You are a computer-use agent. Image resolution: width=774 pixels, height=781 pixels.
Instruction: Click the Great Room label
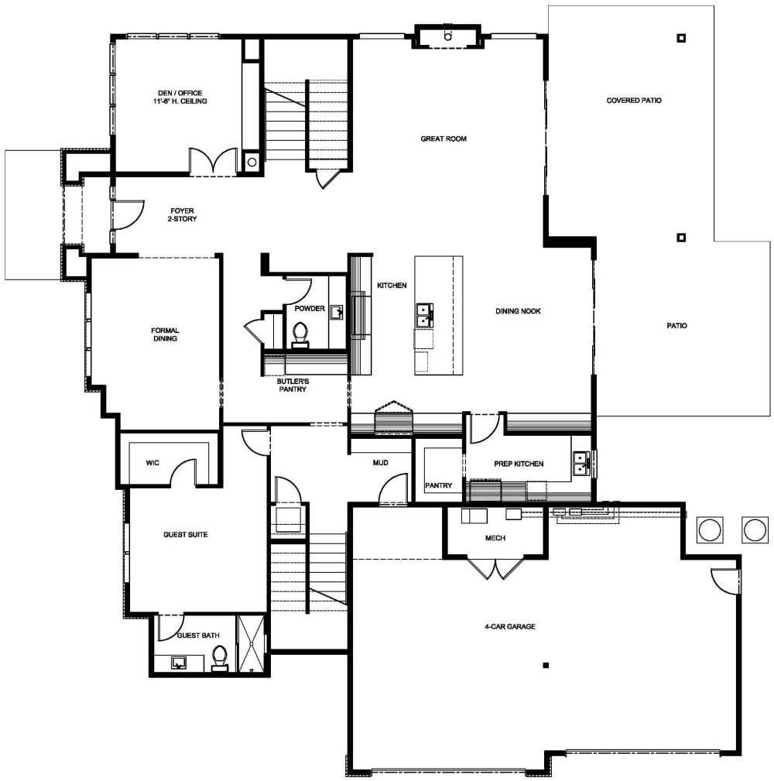coord(444,139)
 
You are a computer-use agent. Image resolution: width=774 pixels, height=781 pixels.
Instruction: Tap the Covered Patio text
coord(634,101)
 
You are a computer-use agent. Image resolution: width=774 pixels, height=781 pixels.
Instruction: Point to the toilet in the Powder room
coord(300,334)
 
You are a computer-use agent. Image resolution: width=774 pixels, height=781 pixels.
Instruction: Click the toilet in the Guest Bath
coord(220,659)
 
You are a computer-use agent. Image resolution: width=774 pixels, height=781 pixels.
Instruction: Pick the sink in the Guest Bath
coord(179,663)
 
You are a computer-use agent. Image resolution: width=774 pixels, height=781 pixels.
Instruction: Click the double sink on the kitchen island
coord(424,315)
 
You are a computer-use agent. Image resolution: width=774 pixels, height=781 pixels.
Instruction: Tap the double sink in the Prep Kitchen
coord(581,464)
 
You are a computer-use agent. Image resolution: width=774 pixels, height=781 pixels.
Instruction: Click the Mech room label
coord(495,538)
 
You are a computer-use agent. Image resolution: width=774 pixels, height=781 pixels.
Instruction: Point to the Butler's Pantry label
coord(293,385)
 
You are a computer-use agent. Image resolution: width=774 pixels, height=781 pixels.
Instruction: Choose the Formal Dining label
coord(165,334)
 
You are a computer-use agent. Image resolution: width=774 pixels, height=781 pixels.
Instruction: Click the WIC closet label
coord(152,464)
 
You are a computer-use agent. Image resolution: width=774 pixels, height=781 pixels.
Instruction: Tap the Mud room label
coord(379,464)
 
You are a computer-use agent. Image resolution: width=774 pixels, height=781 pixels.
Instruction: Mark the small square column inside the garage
coord(546,666)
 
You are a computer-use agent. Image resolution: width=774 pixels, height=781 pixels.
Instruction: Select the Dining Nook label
coord(518,311)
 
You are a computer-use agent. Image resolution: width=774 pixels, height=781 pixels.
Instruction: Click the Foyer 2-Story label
coord(183,214)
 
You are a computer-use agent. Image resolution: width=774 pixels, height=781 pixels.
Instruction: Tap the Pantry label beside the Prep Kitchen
coord(438,486)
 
